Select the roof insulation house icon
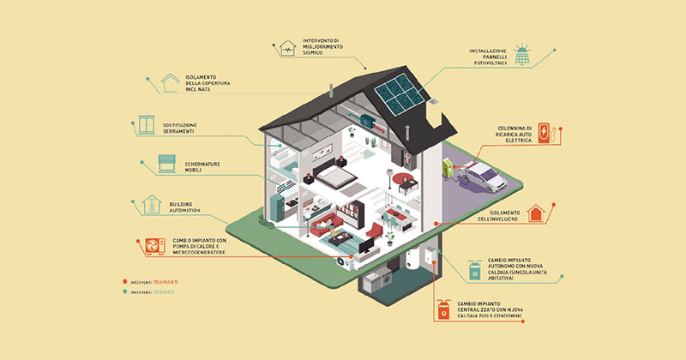tap(169, 83)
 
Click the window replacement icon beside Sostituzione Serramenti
tap(151, 127)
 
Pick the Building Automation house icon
tap(153, 206)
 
